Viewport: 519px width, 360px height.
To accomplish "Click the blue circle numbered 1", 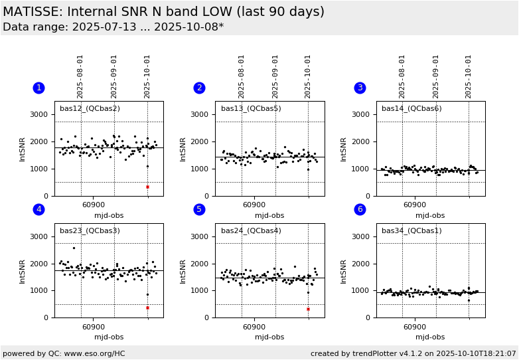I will pos(38,88).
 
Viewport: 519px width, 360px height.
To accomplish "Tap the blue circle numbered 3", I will pos(360,88).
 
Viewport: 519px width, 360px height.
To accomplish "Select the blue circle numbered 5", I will pos(199,209).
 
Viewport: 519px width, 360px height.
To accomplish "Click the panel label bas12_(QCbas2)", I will pos(90,109).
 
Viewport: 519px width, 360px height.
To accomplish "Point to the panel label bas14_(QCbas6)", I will pos(411,109).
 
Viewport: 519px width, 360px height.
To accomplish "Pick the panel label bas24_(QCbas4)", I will pos(251,231).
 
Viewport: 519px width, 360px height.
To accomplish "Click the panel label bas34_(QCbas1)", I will pos(411,231).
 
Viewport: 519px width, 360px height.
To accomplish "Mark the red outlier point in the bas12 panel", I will pos(147,187).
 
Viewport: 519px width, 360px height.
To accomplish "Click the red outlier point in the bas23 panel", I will pos(147,308).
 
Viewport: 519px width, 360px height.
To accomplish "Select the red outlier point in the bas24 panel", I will pos(308,309).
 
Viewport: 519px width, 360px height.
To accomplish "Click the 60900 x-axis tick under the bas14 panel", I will pos(415,205).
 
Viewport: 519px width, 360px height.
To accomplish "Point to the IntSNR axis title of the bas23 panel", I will pos(23,270).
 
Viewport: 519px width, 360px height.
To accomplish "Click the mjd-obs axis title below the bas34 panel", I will pos(430,337).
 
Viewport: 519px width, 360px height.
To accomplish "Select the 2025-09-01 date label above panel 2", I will pos(275,76).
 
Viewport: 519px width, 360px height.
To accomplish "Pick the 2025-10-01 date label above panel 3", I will pos(469,76).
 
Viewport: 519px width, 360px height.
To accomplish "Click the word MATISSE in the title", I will pos(34,12).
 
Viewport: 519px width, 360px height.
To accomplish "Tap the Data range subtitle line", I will pos(113,27).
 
